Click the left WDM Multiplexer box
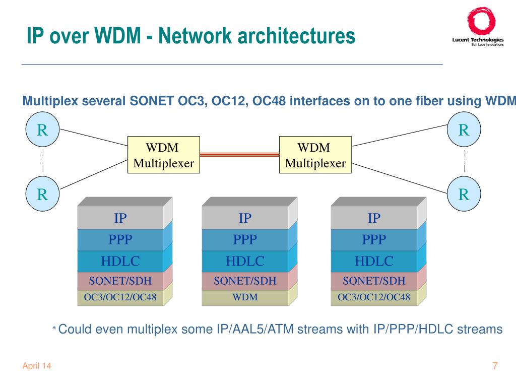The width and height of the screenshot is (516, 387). [164, 155]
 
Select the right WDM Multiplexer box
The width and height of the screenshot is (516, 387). [315, 155]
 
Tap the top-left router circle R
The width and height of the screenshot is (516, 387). [42, 130]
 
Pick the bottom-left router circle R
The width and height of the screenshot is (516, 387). [42, 193]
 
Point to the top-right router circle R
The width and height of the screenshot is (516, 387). [464, 130]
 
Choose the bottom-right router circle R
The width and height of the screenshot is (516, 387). [464, 193]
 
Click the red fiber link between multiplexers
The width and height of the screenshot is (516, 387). [239, 154]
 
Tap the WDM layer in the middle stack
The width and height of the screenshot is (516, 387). [245, 297]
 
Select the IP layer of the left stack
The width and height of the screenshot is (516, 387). [120, 218]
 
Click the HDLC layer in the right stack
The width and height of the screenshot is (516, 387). [374, 261]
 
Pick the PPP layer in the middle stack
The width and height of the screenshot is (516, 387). [245, 239]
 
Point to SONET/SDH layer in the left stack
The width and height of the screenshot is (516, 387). [120, 281]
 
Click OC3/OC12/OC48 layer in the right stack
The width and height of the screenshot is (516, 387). [374, 297]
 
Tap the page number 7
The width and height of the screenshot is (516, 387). [495, 366]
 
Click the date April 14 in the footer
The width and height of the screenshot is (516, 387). [37, 366]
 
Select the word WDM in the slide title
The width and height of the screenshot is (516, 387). [117, 35]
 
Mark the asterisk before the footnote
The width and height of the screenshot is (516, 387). [54, 328]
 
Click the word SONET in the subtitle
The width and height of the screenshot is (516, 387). [152, 101]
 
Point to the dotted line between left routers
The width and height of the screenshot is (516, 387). [43, 161]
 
